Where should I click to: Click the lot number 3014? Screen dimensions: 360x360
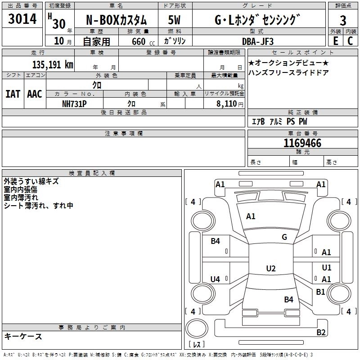coord(22,19)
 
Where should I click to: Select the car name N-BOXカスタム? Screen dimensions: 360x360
coord(116,20)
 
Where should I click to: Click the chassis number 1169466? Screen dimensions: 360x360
coord(302,144)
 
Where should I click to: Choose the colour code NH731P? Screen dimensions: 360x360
coord(74,103)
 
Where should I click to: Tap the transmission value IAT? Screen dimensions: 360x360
coord(13,94)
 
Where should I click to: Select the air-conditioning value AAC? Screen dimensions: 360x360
coord(35,94)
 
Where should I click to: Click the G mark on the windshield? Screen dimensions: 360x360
coord(284,237)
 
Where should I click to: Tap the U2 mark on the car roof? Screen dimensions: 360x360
coord(270,269)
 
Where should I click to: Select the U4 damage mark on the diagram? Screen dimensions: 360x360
coord(215,279)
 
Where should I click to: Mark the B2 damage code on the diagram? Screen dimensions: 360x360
coord(321,333)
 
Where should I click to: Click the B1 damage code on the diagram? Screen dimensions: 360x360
coord(320,292)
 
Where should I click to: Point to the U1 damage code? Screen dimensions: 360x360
coord(327,267)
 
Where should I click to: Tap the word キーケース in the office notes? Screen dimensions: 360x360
coord(23,336)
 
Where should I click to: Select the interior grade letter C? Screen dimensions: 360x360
coord(350,40)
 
